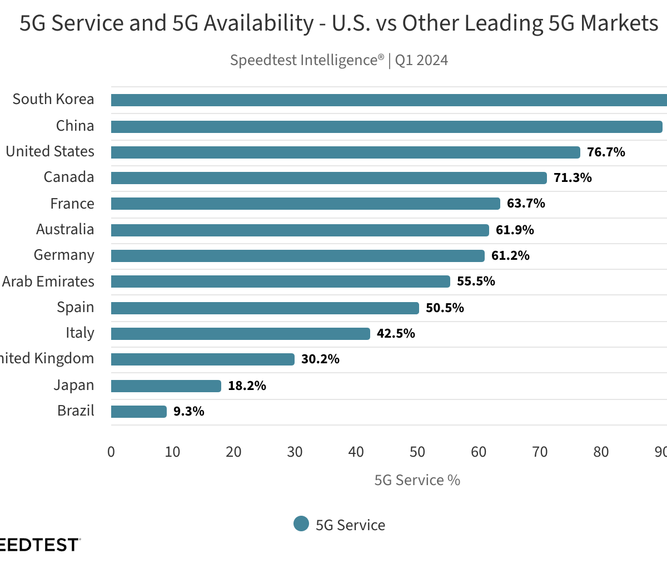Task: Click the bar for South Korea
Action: tap(389, 100)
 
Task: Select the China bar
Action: tap(386, 127)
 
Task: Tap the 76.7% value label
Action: tap(606, 152)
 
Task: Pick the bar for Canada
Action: tap(328, 178)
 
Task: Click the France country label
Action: tap(72, 204)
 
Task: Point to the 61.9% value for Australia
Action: tap(515, 230)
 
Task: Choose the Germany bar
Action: tap(297, 256)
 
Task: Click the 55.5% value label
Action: tap(476, 281)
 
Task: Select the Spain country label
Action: tap(76, 308)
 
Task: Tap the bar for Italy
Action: tap(240, 334)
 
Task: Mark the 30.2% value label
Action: tap(320, 359)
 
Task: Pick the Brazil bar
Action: tap(138, 412)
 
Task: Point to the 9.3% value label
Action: tap(188, 412)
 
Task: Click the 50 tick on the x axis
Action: tap(417, 452)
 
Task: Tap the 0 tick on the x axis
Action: tap(111, 452)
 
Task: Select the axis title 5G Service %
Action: tap(417, 480)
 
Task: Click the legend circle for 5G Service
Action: tap(301, 524)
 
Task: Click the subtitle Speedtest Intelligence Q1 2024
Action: tap(339, 60)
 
